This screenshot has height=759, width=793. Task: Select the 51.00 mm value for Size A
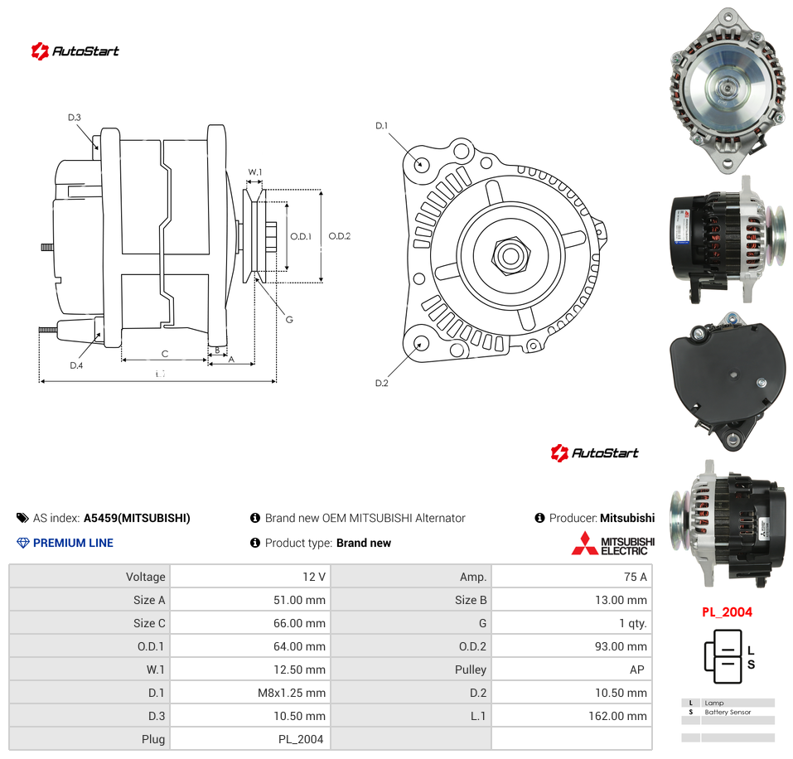click(299, 600)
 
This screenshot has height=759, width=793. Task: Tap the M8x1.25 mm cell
click(292, 693)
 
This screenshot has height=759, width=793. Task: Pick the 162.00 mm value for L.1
click(617, 716)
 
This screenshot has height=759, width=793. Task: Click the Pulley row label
click(471, 670)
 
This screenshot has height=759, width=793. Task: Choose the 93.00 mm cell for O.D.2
click(621, 647)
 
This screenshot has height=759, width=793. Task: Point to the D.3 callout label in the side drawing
click(75, 118)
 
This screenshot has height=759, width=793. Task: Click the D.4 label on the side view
click(76, 365)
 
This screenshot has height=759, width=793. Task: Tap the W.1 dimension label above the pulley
click(255, 172)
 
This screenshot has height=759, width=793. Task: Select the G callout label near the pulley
click(289, 320)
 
